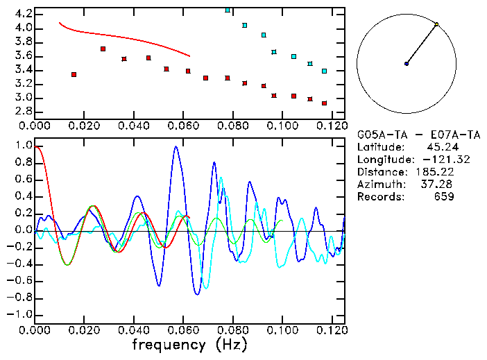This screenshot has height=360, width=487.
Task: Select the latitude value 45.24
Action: [440, 147]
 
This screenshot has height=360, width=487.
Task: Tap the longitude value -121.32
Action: [434, 160]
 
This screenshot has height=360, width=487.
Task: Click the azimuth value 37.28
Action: [440, 185]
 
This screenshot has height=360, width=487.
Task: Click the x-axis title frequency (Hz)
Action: [189, 345]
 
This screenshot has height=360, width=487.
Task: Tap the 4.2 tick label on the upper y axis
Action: [23, 14]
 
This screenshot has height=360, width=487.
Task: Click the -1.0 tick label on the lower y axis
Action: [20, 315]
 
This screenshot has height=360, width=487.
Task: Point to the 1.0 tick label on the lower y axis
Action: [23, 146]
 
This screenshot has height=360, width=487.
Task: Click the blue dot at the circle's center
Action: [407, 64]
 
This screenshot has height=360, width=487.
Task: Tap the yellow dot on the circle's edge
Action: [436, 24]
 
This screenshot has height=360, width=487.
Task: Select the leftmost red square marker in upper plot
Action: [74, 74]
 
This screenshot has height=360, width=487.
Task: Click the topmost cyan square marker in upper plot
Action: [228, 10]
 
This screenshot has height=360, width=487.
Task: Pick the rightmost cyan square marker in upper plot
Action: [324, 71]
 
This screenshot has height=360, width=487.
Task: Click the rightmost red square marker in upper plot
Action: [324, 103]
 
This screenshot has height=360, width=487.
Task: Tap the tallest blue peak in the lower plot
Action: [176, 147]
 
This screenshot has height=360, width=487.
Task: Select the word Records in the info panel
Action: [378, 197]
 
